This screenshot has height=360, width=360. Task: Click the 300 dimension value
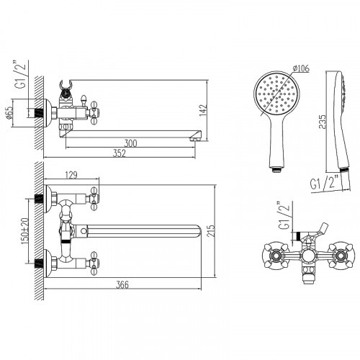point(130,143)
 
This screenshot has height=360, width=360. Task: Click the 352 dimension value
point(120,153)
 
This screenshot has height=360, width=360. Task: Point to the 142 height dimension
point(203,110)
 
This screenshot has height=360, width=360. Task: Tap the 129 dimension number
point(71,175)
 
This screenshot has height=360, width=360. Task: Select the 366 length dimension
point(122,285)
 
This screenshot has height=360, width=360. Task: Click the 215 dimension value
point(211,231)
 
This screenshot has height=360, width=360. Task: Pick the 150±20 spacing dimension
point(25,231)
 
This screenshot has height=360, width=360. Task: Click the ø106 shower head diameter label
point(301,68)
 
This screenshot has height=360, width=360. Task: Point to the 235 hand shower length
point(323,122)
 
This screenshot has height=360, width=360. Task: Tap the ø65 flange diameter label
point(9,113)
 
